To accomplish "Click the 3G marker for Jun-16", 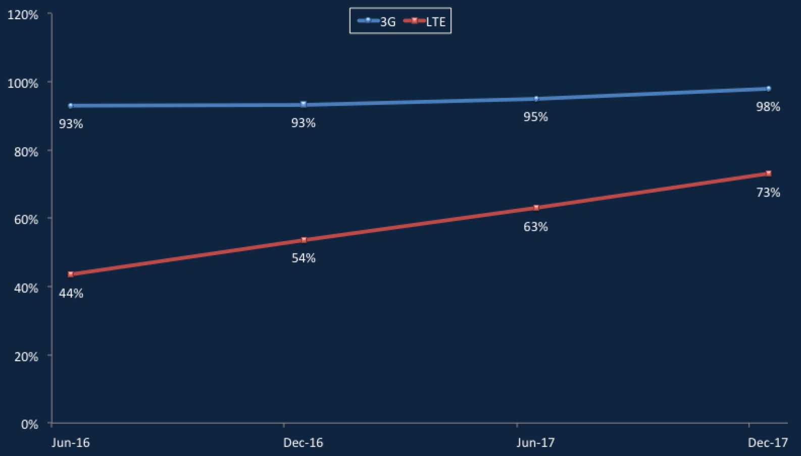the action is (71, 106).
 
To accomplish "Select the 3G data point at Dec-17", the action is (769, 89).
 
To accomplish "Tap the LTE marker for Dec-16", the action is (304, 240).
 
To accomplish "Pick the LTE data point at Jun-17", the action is (536, 207).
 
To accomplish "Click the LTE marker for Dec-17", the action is (769, 174).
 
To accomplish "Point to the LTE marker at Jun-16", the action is (71, 274).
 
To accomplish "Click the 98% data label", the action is (768, 106).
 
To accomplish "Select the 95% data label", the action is (536, 117).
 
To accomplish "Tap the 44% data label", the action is (71, 294).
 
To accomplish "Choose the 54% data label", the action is (304, 258).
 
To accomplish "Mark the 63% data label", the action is (536, 227).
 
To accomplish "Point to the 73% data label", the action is (768, 193).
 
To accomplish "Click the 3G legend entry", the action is (377, 21).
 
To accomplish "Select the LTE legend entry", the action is (424, 21).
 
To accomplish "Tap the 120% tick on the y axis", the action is (23, 15).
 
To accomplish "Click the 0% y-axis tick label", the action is (30, 424).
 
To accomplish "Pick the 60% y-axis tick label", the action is (26, 219).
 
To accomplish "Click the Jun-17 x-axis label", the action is (536, 443).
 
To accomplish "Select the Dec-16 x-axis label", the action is (303, 443).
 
